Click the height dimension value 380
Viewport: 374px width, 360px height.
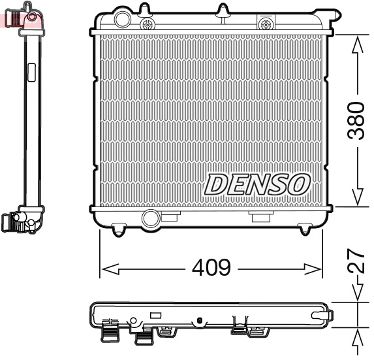pyautogui.click(x=356, y=120)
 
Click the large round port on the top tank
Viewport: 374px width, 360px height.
pyautogui.click(x=121, y=19)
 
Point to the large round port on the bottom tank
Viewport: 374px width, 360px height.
pyautogui.click(x=151, y=218)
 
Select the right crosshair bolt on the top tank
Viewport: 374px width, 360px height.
pyautogui.click(x=265, y=24)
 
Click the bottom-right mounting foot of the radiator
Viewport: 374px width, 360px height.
pyautogui.click(x=305, y=229)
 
